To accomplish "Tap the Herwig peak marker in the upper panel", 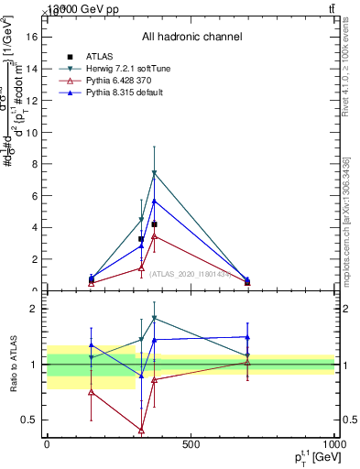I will (x=154, y=173).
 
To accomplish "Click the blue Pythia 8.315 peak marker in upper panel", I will (x=154, y=201).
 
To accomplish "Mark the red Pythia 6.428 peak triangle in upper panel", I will (x=154, y=236).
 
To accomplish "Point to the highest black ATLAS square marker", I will (x=154, y=224).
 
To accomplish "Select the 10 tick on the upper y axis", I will (x=35, y=132).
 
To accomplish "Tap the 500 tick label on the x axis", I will (x=191, y=445).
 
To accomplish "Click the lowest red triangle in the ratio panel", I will (x=141, y=430).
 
